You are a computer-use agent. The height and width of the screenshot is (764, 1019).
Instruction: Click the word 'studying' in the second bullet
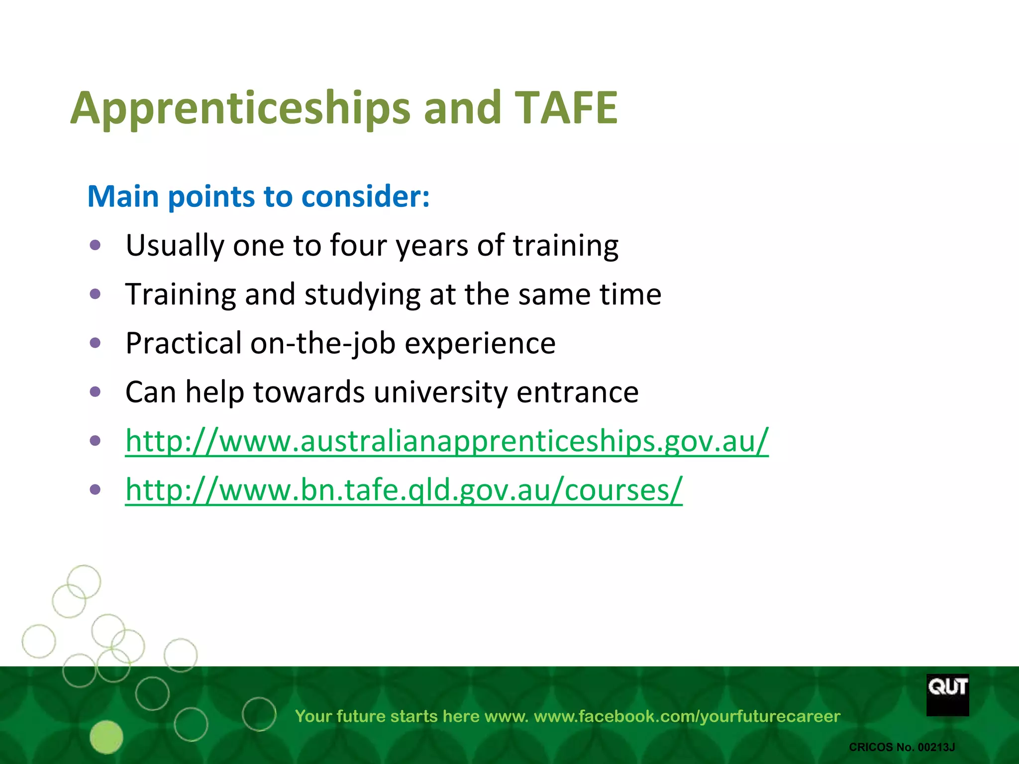pyautogui.click(x=362, y=294)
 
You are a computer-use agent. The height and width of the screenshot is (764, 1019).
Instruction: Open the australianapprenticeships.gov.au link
pyautogui.click(x=446, y=441)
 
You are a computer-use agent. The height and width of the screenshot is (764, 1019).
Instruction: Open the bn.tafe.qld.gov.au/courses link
pyautogui.click(x=404, y=490)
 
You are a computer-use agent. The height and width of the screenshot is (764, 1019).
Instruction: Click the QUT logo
pyautogui.click(x=947, y=694)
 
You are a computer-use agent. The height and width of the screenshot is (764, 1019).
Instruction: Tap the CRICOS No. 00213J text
pyautogui.click(x=902, y=747)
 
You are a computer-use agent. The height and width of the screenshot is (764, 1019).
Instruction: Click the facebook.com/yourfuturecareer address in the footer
pyautogui.click(x=687, y=716)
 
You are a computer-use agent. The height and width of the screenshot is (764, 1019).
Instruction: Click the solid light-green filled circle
pyautogui.click(x=106, y=737)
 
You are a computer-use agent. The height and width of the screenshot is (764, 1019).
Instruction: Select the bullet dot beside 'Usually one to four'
pyautogui.click(x=96, y=245)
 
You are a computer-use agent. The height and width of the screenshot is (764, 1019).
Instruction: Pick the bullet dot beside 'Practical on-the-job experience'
pyautogui.click(x=96, y=343)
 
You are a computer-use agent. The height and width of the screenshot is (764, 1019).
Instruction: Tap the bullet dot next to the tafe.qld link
pyautogui.click(x=96, y=489)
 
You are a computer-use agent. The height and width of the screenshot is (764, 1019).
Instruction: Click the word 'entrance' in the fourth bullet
pyautogui.click(x=577, y=392)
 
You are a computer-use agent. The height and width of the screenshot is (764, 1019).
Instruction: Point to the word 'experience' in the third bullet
pyautogui.click(x=480, y=343)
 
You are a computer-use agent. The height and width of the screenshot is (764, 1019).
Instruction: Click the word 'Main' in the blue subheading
pyautogui.click(x=123, y=196)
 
